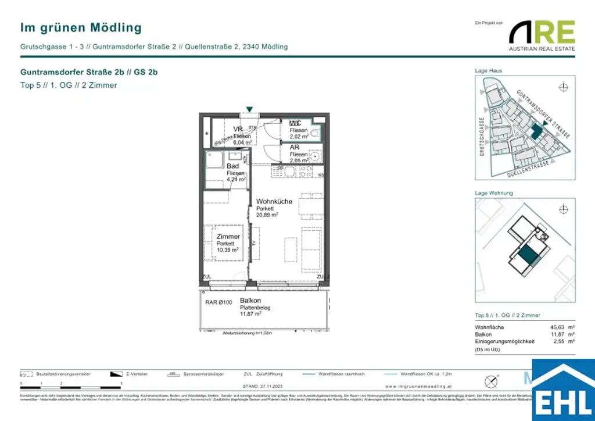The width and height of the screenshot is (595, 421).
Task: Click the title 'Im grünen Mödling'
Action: click(81, 27)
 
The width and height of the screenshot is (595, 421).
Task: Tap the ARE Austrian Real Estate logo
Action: click(542, 35)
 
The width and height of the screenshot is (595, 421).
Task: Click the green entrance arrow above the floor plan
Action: click(249, 109)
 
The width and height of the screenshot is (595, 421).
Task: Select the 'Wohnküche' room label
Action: click(274, 202)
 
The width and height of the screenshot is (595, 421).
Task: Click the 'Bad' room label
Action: click(233, 166)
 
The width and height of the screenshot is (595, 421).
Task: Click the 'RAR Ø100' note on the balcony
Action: click(218, 302)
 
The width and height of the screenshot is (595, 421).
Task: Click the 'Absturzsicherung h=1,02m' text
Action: click(247, 334)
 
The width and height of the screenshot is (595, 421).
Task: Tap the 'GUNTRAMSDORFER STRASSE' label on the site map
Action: click(543, 113)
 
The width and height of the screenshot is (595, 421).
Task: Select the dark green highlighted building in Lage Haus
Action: click(536, 131)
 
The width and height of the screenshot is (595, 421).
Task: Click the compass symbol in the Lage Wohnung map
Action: click(562, 210)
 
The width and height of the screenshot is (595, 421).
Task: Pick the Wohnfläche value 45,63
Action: click(557, 327)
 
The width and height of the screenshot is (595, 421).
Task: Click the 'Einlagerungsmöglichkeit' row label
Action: click(504, 341)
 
